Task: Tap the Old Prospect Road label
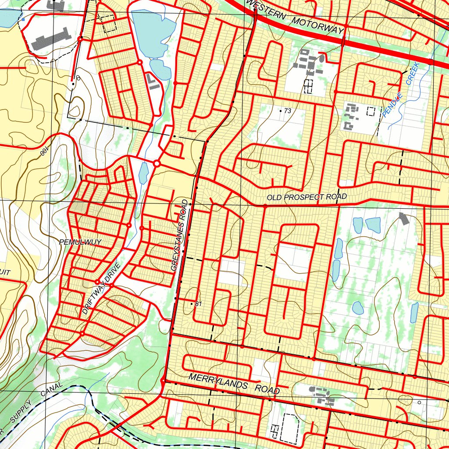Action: pos(306,197)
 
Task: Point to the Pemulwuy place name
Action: pos(80,242)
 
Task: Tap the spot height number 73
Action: pos(287,111)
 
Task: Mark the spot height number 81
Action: pos(198,303)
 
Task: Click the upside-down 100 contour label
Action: pos(45,153)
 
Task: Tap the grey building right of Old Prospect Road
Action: pos(403,218)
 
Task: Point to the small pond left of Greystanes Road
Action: pos(143,173)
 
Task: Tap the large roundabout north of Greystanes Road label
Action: pos(157,164)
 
